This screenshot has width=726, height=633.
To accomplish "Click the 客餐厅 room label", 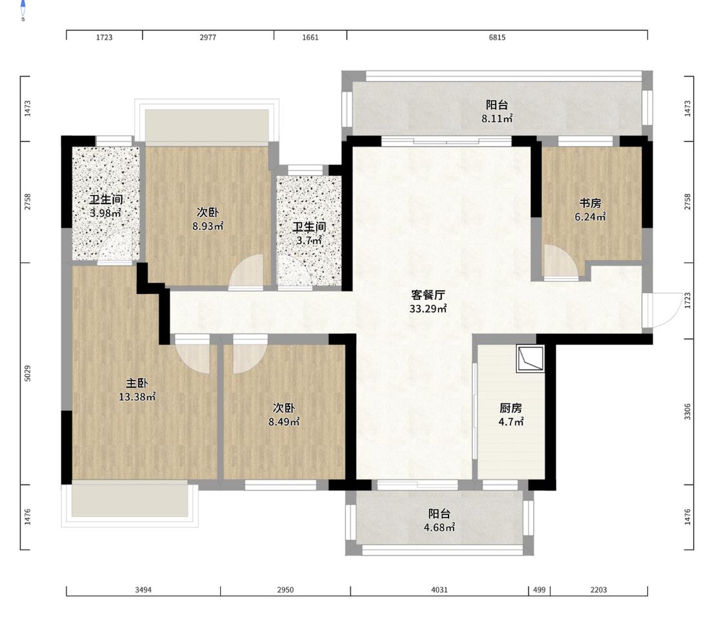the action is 428,295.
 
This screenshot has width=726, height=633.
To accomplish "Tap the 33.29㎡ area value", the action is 428,309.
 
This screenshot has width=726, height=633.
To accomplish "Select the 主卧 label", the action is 137,383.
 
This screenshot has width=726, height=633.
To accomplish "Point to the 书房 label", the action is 590,203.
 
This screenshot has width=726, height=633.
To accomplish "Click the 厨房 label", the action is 510,408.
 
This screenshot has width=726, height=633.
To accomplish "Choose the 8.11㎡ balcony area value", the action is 497,119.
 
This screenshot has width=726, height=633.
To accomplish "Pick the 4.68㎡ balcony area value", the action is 439,527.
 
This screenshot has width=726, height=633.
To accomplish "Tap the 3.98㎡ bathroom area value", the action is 106,214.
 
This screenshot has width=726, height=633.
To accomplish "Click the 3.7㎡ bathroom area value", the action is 309,241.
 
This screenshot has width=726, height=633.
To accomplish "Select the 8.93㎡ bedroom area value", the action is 208,226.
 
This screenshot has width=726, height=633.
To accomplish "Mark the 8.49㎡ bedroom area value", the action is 284,422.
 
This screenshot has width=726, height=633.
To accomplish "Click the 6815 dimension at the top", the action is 498,37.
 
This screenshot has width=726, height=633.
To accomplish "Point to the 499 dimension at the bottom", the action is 539,590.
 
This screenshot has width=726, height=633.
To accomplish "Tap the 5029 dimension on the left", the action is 27,373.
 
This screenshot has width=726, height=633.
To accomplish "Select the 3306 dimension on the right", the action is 687,411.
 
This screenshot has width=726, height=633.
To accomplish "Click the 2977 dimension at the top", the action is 208,37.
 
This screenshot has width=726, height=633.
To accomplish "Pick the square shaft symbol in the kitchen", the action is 530,358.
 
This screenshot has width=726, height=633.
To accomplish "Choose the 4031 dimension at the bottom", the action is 439,590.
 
